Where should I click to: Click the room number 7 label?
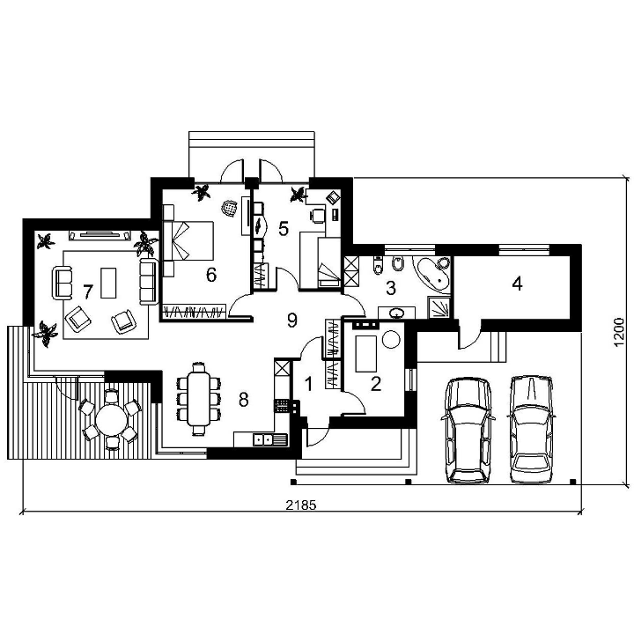click(88, 291)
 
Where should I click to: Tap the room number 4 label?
click(517, 284)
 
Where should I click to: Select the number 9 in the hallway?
click(292, 320)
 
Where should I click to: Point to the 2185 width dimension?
click(301, 505)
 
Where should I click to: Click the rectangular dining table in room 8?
click(199, 399)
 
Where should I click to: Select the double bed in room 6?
click(188, 240)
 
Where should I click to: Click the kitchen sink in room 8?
click(270, 439)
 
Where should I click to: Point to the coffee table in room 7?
click(108, 283)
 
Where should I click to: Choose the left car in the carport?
click(468, 431)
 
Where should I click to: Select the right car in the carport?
click(531, 430)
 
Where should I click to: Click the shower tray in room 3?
click(439, 307)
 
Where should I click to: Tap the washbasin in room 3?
click(396, 313)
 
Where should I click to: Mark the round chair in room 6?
click(229, 209)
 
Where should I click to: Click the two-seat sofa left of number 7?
click(62, 283)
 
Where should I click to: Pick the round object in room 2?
click(391, 339)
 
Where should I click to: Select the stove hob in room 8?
click(282, 406)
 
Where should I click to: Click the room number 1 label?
click(308, 384)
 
